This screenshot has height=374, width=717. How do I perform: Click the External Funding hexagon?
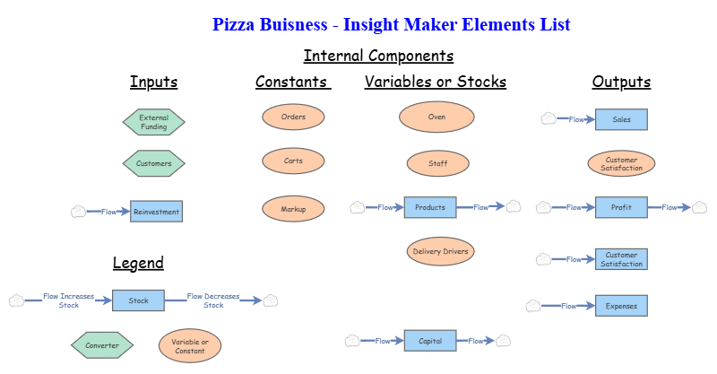pos(153,121)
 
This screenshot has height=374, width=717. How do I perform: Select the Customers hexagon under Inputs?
pos(153,163)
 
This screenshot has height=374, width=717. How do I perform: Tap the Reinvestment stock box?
pos(156,212)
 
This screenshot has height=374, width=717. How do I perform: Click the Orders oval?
pos(293,117)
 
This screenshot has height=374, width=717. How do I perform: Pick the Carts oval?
pos(293,161)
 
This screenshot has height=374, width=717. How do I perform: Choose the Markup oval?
pos(293,209)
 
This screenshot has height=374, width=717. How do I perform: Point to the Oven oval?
pos(436,117)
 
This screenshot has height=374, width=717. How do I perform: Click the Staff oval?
pos(437,163)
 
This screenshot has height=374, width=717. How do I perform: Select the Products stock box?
pos(430,207)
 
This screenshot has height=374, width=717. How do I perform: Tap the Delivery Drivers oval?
pos(440,251)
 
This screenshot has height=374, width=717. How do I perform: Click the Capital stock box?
pos(430,341)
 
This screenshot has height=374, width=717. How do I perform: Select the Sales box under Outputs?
pos(621,118)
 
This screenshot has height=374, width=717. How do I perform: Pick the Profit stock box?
pos(621,207)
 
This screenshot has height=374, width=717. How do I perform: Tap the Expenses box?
pos(621,306)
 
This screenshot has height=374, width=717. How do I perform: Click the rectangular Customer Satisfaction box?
pos(621,259)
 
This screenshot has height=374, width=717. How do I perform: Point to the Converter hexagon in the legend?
pos(101,344)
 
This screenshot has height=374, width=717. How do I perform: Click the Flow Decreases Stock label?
pos(213,300)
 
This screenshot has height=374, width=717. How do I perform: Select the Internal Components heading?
pos(378,56)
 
